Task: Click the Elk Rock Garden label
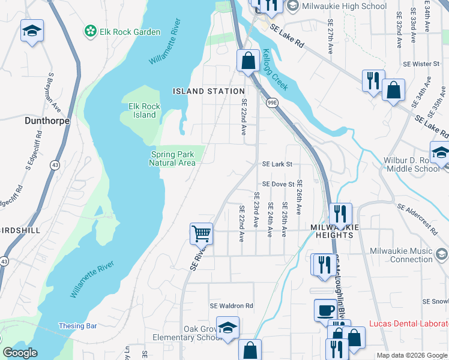130,32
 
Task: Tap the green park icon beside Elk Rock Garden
91,31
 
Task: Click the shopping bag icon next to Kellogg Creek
247,61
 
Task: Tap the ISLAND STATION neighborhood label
200,91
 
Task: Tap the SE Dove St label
277,185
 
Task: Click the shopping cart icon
202,233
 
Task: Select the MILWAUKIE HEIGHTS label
334,232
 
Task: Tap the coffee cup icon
326,310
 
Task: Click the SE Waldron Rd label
231,306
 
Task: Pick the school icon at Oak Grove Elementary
228,328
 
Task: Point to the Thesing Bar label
77,326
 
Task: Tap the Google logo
20,353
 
